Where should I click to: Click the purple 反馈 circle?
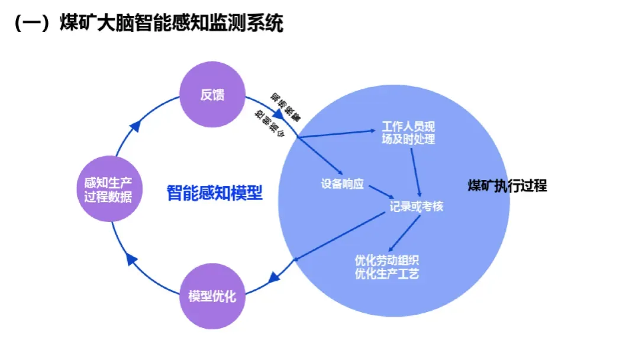[212, 95]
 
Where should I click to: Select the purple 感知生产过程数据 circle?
[107, 189]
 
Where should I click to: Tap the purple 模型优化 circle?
[211, 296]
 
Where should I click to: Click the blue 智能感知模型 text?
[214, 192]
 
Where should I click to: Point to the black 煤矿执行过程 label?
[507, 185]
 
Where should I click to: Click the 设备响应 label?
[342, 183]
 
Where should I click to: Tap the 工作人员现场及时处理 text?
[408, 133]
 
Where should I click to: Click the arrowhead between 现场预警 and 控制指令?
[277, 114]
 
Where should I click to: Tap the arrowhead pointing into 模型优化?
[273, 275]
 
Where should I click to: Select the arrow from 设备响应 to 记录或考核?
[381, 192]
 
